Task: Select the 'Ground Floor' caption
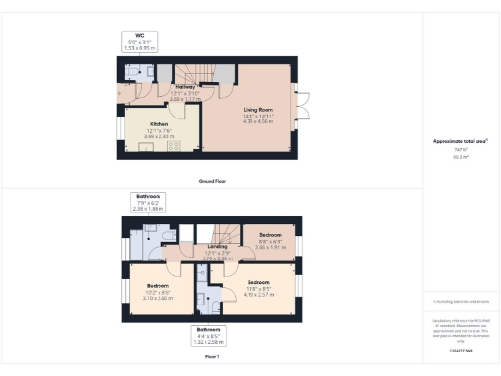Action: (x=212, y=181)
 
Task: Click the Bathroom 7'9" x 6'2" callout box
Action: (x=149, y=203)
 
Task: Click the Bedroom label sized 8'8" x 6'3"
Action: (x=269, y=236)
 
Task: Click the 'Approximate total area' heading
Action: (x=460, y=141)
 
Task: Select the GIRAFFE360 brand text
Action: (x=460, y=350)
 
